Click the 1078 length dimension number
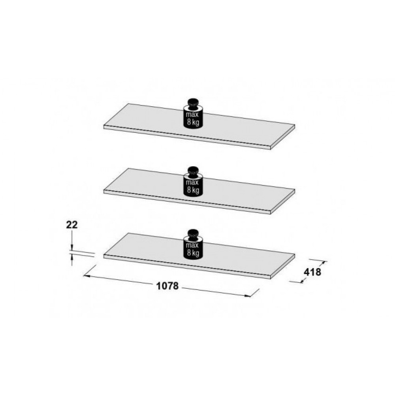(167, 286)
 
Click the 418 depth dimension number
(312, 272)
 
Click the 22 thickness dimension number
(72, 225)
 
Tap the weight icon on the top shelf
(193, 113)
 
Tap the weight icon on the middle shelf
(193, 181)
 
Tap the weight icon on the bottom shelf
(193, 244)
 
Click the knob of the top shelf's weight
(193, 103)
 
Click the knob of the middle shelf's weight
(193, 171)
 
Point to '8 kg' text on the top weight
(193, 122)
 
